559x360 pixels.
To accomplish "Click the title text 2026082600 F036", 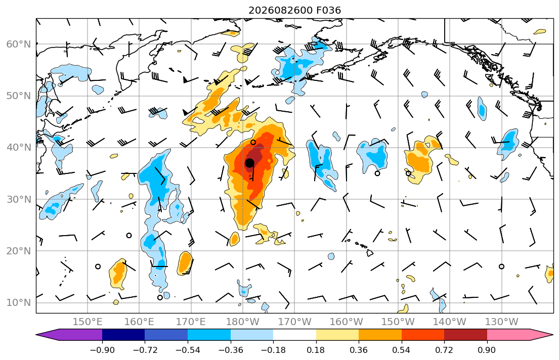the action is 294,10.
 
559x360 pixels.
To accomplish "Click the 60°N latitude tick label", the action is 19,44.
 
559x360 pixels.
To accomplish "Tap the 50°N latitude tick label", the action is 19,96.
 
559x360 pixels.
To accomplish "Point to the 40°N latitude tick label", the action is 19,148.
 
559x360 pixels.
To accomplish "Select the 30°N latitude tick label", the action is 19,199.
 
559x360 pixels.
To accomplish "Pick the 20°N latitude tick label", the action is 19,251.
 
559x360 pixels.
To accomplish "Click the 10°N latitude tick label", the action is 19,303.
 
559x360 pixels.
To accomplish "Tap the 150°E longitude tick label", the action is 88,322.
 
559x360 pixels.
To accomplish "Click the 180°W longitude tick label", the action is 243,322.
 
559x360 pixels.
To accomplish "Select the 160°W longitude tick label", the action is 346,322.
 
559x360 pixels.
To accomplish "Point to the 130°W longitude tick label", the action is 502,322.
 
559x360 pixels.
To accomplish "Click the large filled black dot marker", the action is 249,163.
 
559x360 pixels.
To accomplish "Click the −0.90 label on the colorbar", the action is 102,350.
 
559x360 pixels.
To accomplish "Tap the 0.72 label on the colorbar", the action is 444,350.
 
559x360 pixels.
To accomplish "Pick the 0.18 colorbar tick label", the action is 316,350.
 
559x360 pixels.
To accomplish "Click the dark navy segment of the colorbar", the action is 123,335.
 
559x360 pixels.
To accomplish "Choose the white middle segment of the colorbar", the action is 294,335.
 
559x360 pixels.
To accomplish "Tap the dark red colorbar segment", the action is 465,335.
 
